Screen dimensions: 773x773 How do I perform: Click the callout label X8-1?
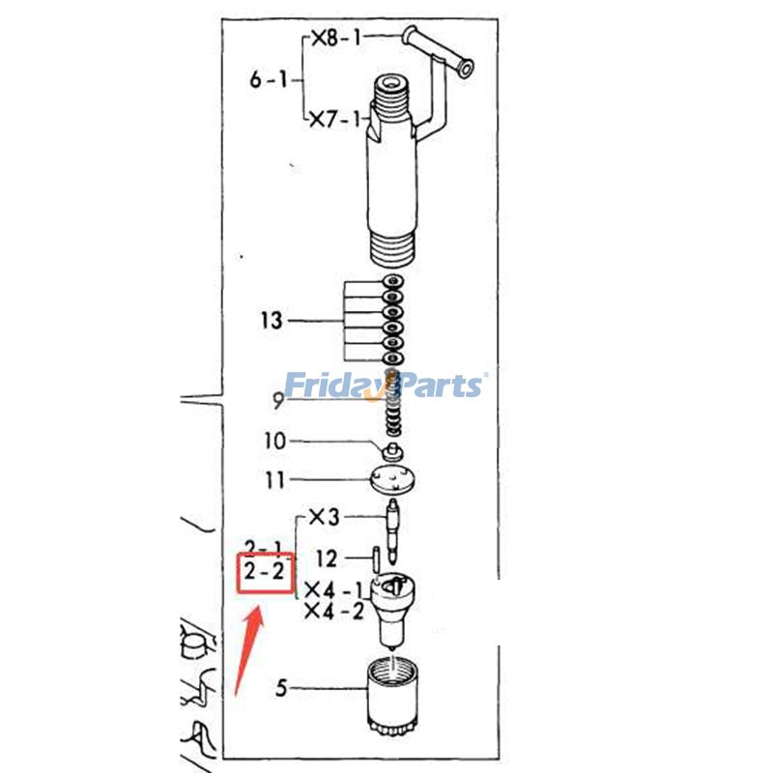(x=336, y=38)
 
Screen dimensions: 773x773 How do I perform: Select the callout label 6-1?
(x=269, y=79)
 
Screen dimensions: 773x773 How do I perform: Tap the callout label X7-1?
(x=335, y=119)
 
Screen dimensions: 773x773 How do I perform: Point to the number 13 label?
(x=272, y=321)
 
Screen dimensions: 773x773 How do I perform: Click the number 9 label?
(x=279, y=401)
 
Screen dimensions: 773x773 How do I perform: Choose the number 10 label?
(x=275, y=441)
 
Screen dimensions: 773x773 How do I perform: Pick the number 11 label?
(x=275, y=479)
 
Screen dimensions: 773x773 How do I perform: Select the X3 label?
(x=325, y=517)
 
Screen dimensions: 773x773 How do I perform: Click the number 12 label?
(x=327, y=559)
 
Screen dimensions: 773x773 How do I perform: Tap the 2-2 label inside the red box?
(x=265, y=572)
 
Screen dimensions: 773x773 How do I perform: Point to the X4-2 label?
(x=334, y=612)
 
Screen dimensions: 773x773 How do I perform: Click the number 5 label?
(x=281, y=688)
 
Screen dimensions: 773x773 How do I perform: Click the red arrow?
(x=248, y=651)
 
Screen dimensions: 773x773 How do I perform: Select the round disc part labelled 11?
(x=392, y=478)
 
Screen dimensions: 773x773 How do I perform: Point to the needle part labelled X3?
(x=393, y=531)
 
